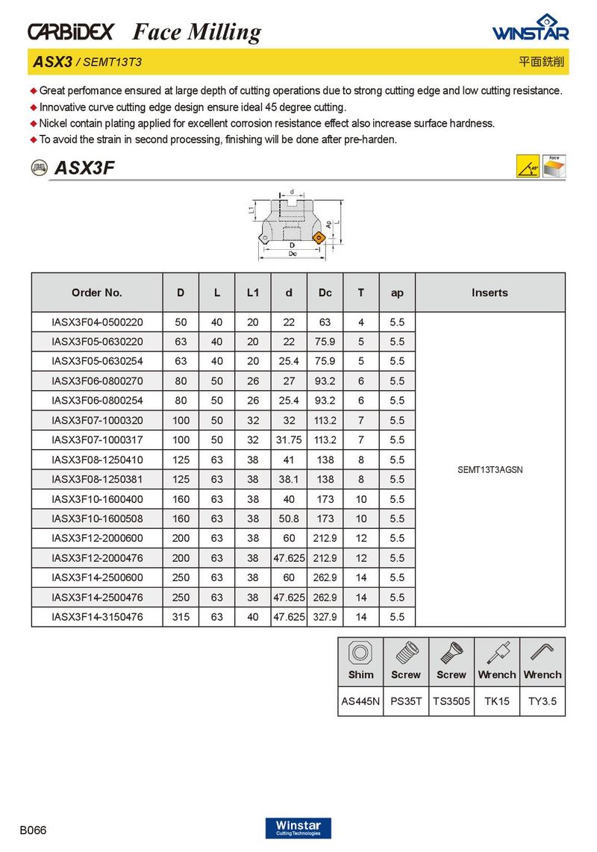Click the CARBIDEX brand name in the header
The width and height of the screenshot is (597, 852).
(x=71, y=31)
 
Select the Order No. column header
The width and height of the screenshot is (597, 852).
(x=97, y=293)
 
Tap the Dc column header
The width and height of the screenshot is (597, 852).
(x=325, y=293)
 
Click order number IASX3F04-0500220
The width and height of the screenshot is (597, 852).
(x=97, y=322)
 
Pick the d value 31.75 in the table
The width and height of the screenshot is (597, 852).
(x=289, y=440)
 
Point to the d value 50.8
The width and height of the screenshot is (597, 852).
(x=289, y=519)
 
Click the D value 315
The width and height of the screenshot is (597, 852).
(x=181, y=617)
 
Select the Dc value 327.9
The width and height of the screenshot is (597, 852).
(x=325, y=617)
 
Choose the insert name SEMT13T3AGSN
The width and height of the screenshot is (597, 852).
(x=490, y=470)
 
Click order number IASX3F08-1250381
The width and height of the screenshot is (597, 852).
(x=97, y=480)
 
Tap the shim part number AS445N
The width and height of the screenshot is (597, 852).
(x=360, y=701)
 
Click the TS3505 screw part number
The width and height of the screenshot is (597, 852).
(x=451, y=701)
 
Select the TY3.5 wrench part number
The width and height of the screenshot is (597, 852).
(x=543, y=701)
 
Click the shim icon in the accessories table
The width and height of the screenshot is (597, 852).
(x=360, y=652)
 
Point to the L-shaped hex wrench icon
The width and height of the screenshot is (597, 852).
(x=543, y=652)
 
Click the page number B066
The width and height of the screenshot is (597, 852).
(x=34, y=830)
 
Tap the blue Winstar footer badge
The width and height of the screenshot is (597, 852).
(x=298, y=827)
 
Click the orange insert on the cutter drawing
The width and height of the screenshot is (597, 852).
(x=319, y=239)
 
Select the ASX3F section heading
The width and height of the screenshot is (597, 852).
(x=84, y=169)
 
